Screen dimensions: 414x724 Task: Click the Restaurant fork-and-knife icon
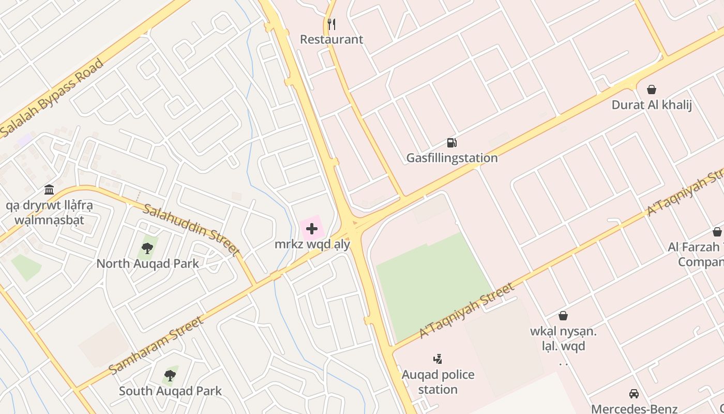point(331,24)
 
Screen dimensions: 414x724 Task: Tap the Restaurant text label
point(331,39)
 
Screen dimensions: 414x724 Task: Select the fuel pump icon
point(452,143)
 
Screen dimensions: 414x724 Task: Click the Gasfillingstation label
point(452,158)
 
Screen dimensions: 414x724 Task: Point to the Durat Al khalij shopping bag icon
point(652,90)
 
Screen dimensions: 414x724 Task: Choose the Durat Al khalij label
point(652,105)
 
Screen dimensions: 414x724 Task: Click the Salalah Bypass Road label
point(52,98)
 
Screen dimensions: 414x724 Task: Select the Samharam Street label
point(157,345)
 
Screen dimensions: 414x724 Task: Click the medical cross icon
point(312,229)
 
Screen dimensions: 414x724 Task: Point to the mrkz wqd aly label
point(312,244)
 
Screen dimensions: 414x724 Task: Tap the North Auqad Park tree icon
point(147,248)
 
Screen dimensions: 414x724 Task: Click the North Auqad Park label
point(147,263)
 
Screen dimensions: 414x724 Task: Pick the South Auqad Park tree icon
point(170,376)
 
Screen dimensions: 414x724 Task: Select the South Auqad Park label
point(170,391)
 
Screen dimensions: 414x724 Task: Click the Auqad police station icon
point(438,359)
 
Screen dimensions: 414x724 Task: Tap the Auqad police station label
point(438,381)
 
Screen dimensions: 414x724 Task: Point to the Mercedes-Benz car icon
point(634,394)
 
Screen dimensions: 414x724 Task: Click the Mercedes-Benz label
point(634,408)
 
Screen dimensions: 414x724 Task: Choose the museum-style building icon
point(49,190)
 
